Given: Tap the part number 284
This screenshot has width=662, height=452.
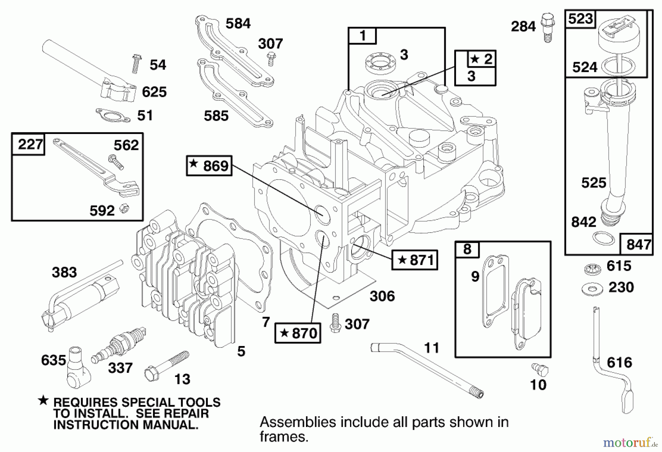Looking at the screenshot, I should [x=523, y=27].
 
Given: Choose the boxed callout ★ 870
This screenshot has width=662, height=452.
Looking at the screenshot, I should [x=298, y=333].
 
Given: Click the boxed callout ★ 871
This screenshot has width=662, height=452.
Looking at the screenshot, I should [x=414, y=260].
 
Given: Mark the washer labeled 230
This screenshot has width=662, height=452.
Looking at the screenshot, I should [x=592, y=289].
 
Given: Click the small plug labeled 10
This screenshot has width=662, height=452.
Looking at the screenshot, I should [x=540, y=368].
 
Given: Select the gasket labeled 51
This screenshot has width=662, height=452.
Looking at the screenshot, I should [x=113, y=115].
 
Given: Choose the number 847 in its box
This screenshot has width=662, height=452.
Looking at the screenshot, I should [x=638, y=244].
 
